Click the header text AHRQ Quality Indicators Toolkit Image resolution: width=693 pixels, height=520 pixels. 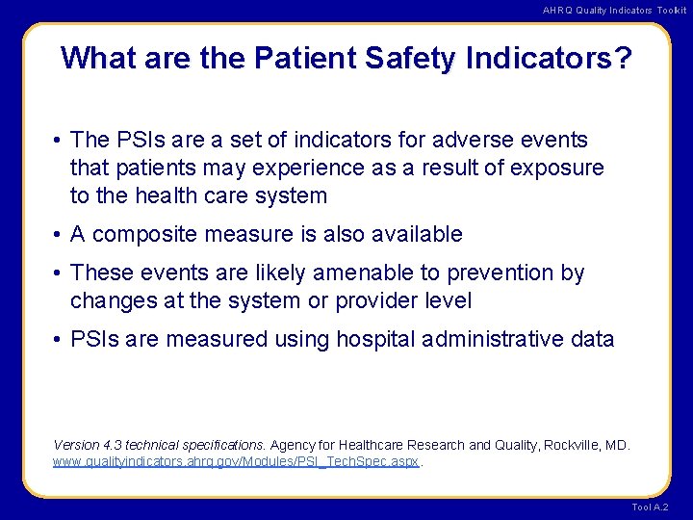[614, 10]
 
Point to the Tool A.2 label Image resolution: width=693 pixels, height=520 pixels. [651, 507]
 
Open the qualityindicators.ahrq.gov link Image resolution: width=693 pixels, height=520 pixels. [237, 461]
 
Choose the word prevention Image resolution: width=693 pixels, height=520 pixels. [501, 273]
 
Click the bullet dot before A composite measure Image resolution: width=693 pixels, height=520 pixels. [59, 234]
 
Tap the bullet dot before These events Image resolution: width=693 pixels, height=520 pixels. [59, 273]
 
